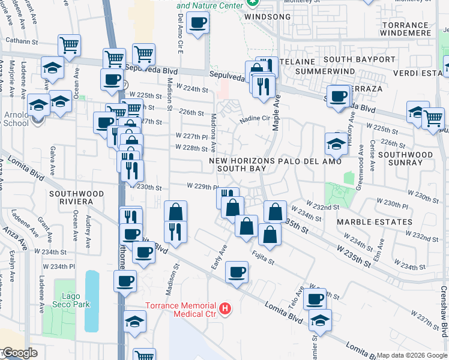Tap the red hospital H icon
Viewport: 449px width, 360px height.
pos(225,309)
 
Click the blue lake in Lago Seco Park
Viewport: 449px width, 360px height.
pos(91,301)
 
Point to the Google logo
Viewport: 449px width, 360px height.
pos(19,353)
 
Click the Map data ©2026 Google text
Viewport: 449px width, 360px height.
pos(412,355)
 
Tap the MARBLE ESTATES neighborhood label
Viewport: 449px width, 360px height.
pos(374,222)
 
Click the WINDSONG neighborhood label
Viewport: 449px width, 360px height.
pos(268,17)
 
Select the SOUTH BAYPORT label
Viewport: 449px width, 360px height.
pos(360,59)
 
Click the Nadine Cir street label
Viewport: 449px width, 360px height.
pos(255,119)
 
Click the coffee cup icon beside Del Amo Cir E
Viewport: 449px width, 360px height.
pos(197,23)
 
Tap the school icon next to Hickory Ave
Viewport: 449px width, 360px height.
pos(336,143)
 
